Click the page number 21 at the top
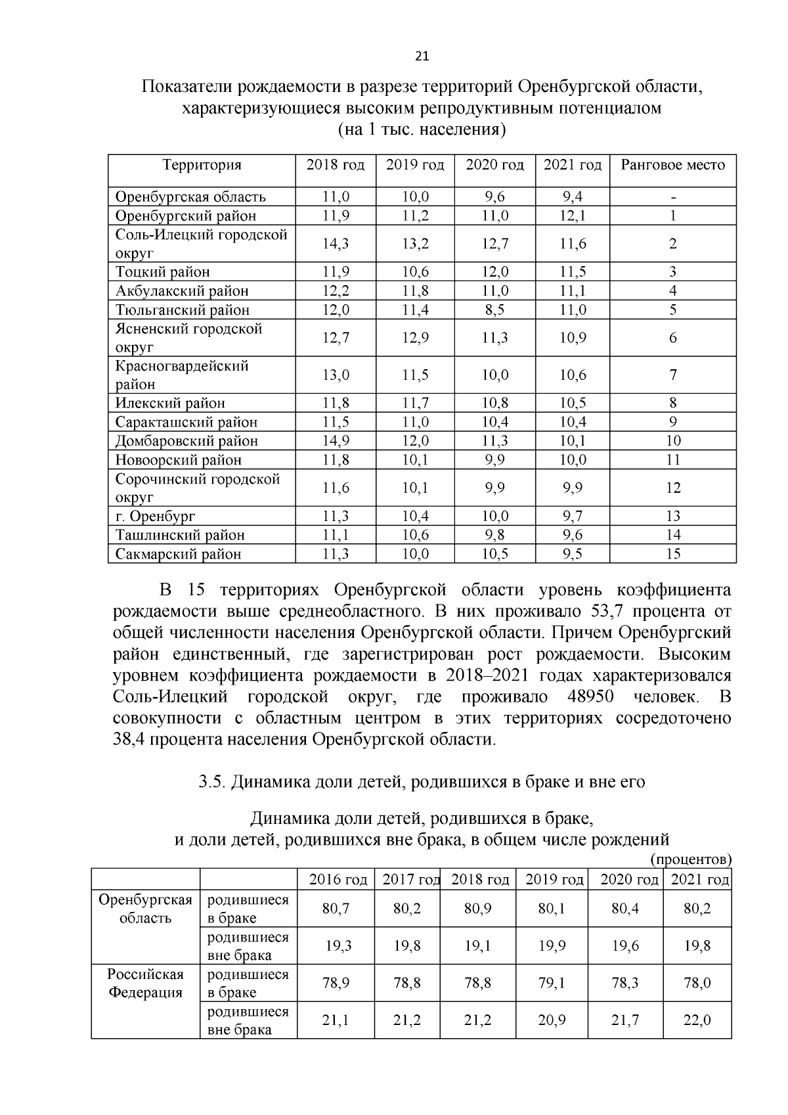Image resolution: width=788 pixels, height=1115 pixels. (422, 57)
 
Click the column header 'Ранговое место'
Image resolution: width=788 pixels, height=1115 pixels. (672, 165)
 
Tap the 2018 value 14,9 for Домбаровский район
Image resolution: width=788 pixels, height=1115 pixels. (336, 441)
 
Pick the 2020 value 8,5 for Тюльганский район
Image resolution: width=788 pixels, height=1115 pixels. (494, 310)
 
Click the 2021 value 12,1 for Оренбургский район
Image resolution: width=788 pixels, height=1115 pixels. (573, 216)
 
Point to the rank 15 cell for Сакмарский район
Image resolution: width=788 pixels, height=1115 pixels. (673, 554)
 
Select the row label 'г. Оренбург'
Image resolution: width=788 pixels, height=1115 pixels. (156, 516)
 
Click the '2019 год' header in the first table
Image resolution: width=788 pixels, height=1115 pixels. (415, 165)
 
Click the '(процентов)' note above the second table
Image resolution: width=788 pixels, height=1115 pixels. (691, 859)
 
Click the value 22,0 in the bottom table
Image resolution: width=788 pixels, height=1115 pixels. (697, 1020)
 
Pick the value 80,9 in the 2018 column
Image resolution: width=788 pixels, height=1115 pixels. (478, 909)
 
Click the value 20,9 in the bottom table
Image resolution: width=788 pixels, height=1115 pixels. (552, 1020)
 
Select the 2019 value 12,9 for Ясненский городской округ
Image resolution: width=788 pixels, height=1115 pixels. (415, 338)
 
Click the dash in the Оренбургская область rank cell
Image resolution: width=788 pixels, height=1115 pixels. (673, 197)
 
